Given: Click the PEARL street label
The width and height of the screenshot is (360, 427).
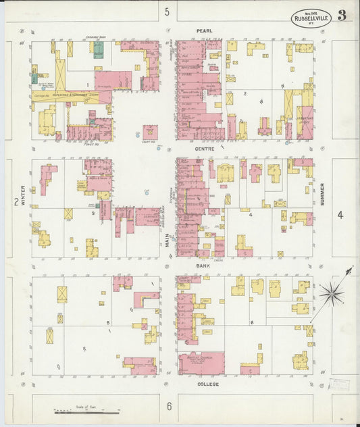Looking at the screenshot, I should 204,30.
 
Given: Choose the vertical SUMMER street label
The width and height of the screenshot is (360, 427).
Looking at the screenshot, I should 322,194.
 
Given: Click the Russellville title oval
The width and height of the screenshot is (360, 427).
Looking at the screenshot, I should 311,18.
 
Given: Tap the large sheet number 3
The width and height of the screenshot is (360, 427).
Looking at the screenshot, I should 342,16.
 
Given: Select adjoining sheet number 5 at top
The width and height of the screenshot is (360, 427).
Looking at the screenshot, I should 167,11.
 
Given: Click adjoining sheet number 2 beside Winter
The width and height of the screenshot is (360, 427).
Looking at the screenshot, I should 15,201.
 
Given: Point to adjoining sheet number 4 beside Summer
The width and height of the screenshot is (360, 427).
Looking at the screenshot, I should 340,216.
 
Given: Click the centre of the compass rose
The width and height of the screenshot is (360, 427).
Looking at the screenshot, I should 331,293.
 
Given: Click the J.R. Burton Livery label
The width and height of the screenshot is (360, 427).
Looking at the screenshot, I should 306,121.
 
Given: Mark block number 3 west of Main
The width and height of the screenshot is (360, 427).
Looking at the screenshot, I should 93,213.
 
